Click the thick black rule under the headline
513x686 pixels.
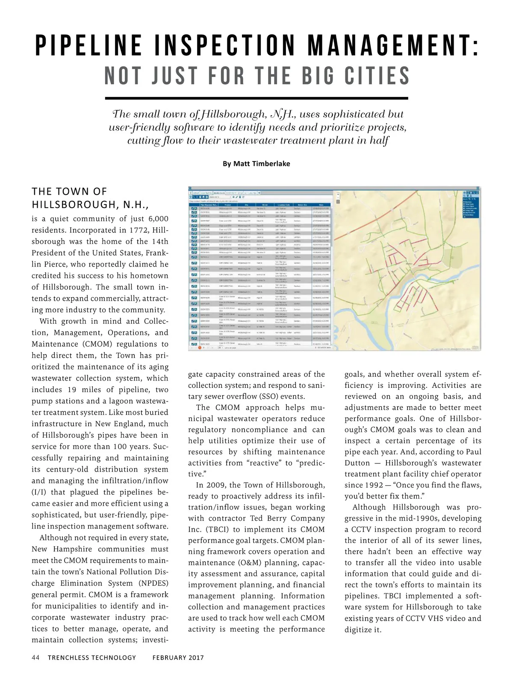coord(256,98)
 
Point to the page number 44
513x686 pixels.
coord(35,657)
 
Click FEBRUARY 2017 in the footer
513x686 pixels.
coord(178,657)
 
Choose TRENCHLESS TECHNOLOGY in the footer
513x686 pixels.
coord(92,657)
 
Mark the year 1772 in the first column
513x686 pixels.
coord(137,230)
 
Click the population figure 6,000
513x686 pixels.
coord(158,219)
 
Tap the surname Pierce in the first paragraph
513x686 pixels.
coord(56,264)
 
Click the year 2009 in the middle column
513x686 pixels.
coord(216,485)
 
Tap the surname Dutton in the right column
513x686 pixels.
coord(357,463)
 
